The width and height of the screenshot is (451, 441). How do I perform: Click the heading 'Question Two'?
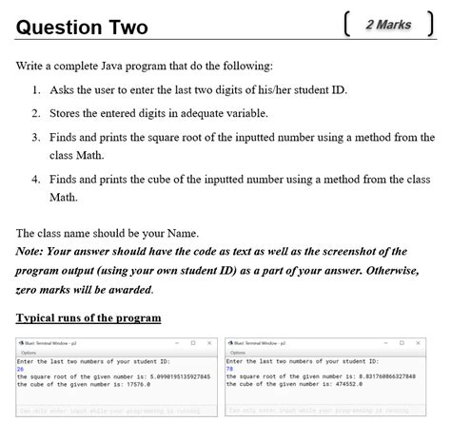[x=82, y=27]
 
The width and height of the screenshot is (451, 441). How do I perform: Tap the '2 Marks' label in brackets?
[x=388, y=24]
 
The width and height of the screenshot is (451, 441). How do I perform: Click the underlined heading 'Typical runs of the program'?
[x=88, y=316]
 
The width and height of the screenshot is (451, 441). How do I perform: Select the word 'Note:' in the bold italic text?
[x=33, y=252]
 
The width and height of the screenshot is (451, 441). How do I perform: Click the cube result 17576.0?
[x=132, y=383]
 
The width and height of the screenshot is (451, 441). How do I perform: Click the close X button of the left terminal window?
[x=208, y=343]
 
